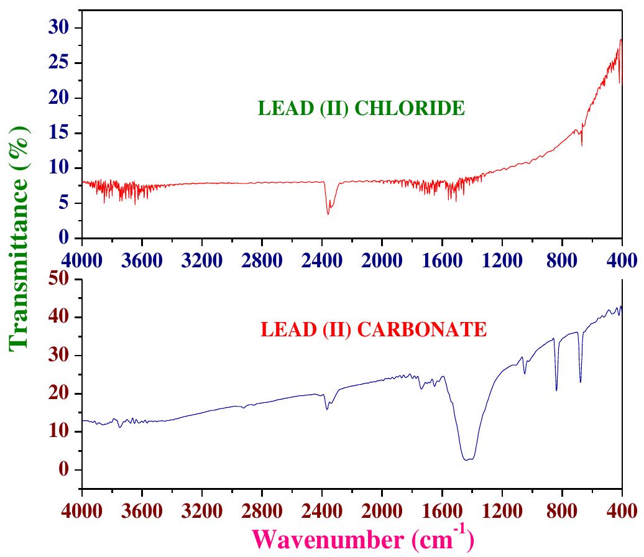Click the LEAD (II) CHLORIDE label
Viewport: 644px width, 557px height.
(361, 109)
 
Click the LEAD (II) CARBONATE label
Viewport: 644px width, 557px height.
(373, 329)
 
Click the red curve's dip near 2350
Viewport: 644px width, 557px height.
(328, 213)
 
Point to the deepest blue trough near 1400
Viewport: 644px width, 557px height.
(467, 459)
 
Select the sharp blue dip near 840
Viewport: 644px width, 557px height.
(556, 390)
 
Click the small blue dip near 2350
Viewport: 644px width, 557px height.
(327, 408)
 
